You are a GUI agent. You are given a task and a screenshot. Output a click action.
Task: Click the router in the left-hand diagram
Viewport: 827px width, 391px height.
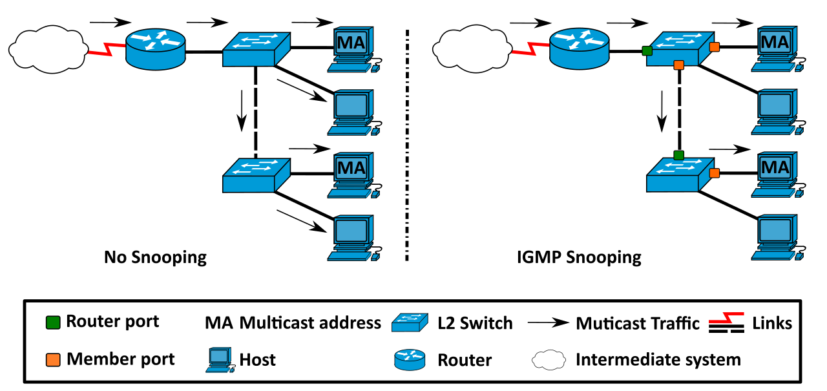click(x=155, y=49)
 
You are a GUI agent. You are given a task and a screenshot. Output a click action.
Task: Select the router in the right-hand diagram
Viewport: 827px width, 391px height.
click(x=579, y=48)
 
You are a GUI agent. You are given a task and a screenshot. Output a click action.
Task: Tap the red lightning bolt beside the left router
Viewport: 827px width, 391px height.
click(x=105, y=49)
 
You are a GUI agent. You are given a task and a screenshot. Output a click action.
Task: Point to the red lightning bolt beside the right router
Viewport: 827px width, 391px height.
click(x=529, y=48)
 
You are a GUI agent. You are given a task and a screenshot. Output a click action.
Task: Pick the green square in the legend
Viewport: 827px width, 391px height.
click(x=53, y=322)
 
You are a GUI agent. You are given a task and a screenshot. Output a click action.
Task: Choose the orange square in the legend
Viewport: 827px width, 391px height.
click(x=53, y=360)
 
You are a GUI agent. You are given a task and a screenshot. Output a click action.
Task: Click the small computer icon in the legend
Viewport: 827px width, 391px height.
click(x=220, y=359)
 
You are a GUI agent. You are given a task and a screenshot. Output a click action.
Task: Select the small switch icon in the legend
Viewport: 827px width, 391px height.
click(x=410, y=322)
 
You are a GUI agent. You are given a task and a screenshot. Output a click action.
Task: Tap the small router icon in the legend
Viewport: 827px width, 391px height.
click(x=410, y=359)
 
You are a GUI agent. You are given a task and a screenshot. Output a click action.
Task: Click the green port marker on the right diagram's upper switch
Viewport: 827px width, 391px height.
click(x=647, y=50)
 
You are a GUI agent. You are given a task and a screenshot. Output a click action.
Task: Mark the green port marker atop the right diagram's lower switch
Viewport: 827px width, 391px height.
click(x=678, y=155)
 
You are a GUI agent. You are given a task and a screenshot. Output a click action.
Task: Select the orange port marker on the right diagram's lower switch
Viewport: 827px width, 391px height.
click(x=714, y=173)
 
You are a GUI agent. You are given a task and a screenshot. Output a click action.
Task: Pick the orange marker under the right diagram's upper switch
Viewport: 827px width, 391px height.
click(x=678, y=65)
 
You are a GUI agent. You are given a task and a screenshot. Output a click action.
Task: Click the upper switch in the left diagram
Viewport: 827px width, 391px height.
click(x=256, y=50)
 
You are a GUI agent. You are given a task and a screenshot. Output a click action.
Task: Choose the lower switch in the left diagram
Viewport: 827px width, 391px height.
click(x=256, y=176)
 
